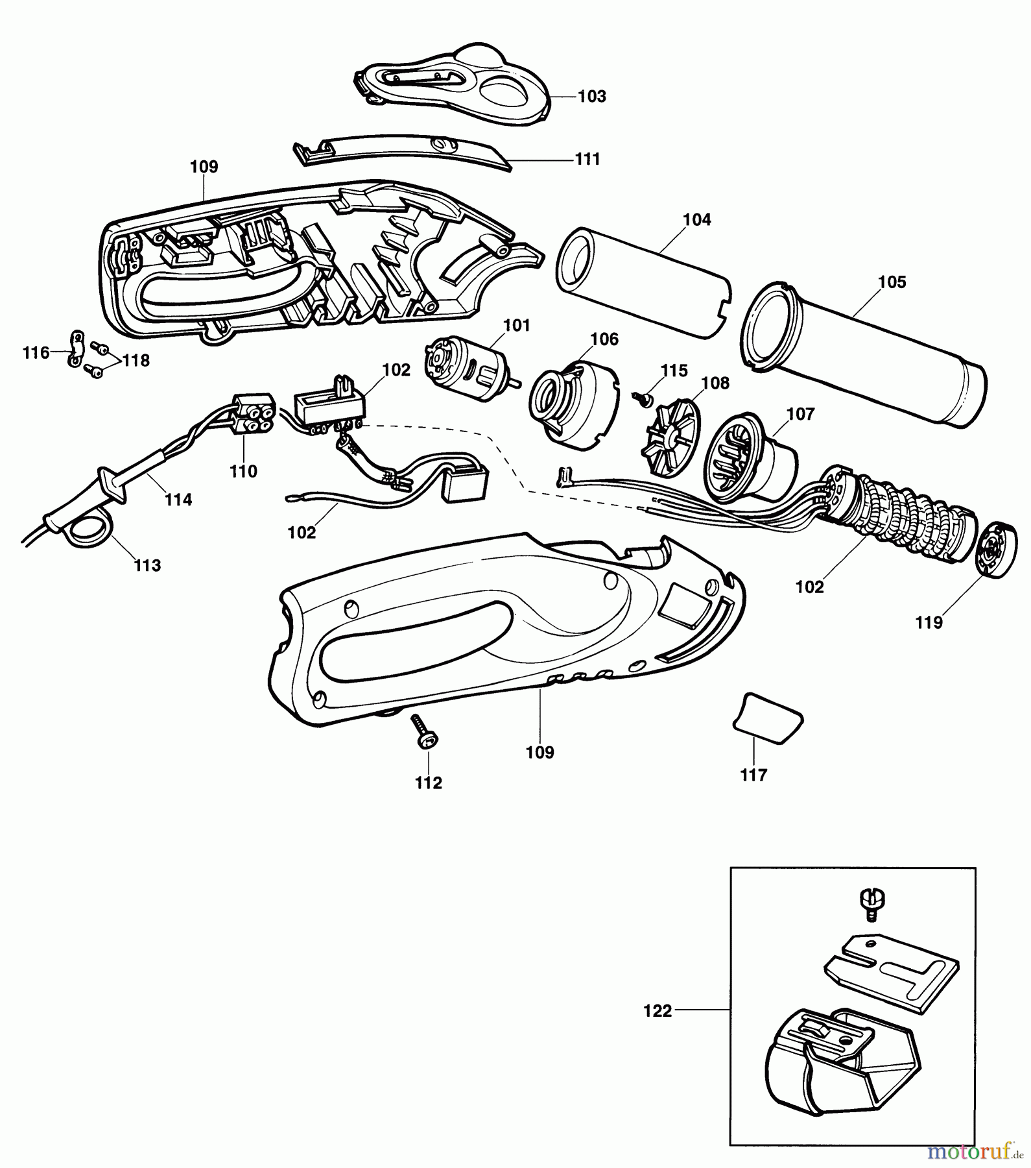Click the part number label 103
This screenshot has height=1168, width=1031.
[591, 96]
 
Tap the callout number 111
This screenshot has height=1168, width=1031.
[587, 159]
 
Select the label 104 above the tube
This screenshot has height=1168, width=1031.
[697, 220]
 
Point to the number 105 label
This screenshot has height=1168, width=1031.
[892, 282]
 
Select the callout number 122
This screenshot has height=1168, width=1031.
[658, 1011]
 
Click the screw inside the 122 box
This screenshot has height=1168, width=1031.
[871, 904]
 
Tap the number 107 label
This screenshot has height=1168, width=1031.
[800, 414]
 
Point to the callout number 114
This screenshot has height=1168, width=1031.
[178, 500]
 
